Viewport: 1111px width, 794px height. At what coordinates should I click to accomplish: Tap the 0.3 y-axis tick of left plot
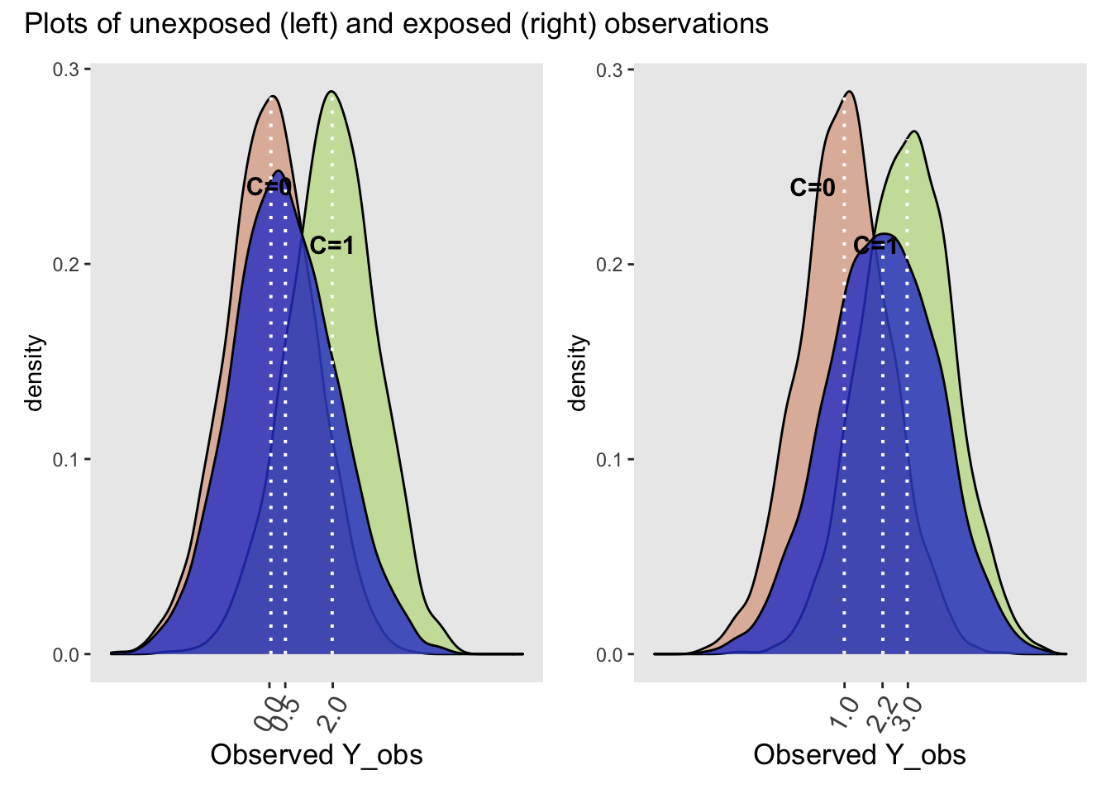[x=66, y=69]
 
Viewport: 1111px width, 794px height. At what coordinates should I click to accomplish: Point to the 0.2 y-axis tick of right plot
[x=609, y=265]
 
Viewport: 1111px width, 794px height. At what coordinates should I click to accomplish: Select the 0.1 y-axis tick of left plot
[x=66, y=460]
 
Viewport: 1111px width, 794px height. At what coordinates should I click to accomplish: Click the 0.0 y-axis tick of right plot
[x=609, y=655]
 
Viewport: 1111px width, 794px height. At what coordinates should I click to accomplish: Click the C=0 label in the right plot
[x=813, y=188]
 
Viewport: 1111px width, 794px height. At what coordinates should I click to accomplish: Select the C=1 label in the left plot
[x=331, y=246]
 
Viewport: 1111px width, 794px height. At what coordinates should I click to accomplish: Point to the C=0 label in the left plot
[x=269, y=188]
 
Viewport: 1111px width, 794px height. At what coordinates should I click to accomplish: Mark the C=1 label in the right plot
[x=875, y=246]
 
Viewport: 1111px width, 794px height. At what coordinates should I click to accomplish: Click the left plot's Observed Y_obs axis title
[x=317, y=755]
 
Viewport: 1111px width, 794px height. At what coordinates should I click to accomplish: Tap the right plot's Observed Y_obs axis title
[x=860, y=755]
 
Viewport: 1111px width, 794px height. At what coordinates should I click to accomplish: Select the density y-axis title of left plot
[x=34, y=372]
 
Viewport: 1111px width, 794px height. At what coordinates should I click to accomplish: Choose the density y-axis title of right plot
[x=577, y=372]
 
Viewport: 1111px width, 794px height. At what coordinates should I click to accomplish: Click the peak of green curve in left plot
[x=331, y=92]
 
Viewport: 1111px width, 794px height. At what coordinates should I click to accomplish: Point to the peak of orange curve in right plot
[x=849, y=92]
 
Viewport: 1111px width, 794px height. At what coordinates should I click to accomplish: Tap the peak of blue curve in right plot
[x=884, y=234]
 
